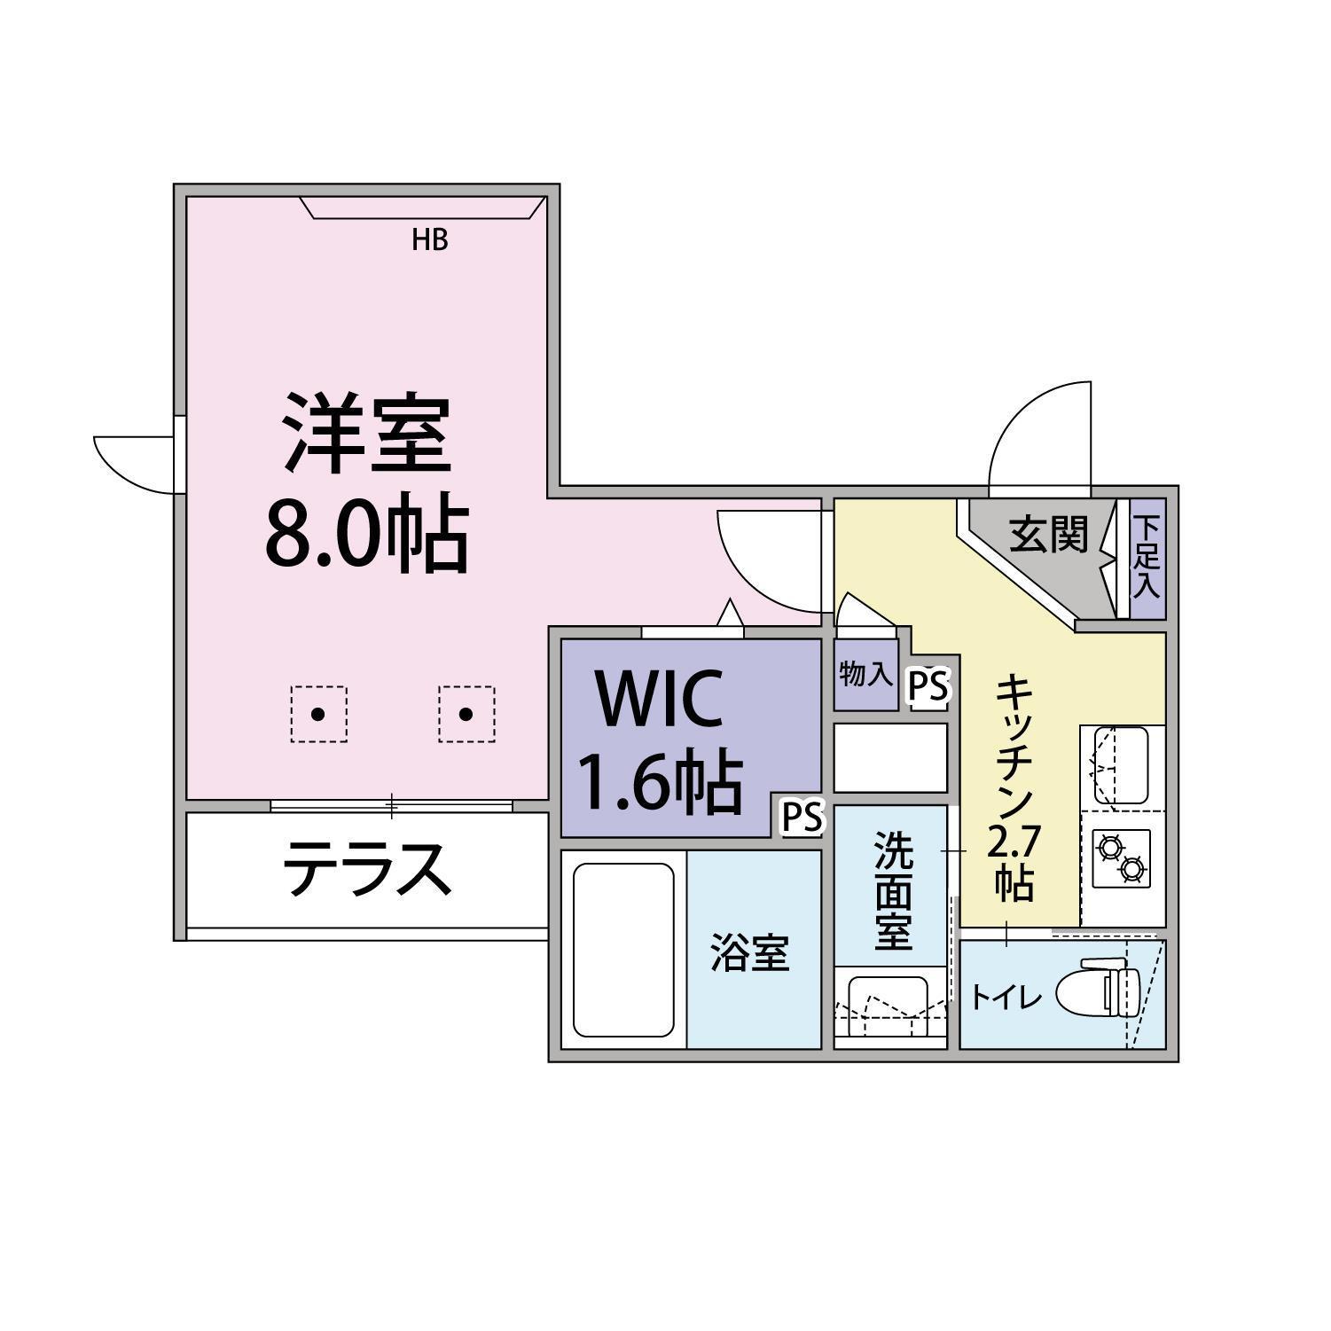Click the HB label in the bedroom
[430, 239]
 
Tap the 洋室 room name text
[367, 435]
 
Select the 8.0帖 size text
[367, 534]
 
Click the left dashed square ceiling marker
[318, 714]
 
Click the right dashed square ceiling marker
[466, 714]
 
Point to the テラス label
[367, 869]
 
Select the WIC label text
[661, 698]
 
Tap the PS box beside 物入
[928, 686]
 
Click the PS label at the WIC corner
[803, 818]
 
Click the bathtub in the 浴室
[623, 950]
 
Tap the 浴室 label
[750, 953]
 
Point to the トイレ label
[1006, 998]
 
